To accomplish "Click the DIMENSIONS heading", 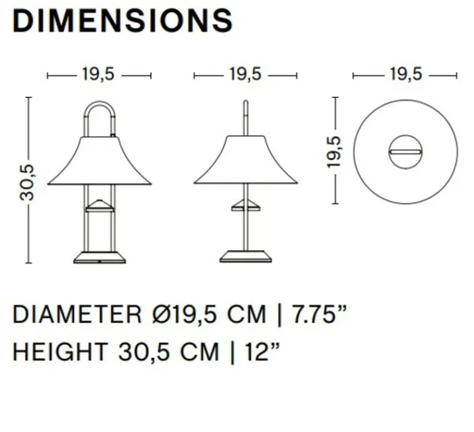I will point(122,21).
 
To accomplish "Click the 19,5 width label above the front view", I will point(99,75).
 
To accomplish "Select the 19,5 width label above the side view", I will point(246,75).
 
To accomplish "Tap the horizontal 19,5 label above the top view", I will point(405,75).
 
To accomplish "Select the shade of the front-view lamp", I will point(99,161).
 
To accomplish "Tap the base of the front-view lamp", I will point(99,256).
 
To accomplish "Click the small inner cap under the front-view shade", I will point(99,206).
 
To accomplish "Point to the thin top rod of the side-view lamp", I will point(246,116).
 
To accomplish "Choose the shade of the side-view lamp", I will point(246,161).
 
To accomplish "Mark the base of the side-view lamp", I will point(246,256).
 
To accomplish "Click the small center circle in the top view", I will point(405,151).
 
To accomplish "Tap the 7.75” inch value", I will point(321,315).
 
